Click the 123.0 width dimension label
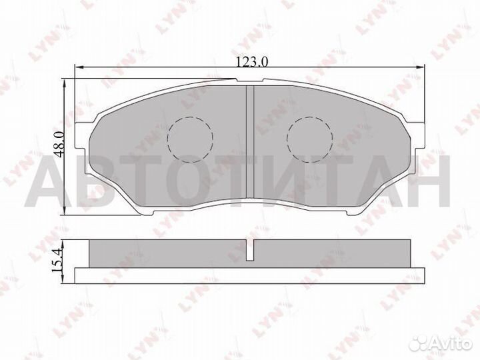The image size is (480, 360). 252,62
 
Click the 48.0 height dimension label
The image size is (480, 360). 59,144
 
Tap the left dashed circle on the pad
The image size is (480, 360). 190,139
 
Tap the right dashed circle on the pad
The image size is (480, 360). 310,139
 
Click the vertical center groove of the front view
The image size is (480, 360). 251,141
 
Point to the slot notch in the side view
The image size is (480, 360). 251,250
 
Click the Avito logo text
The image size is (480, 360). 452,345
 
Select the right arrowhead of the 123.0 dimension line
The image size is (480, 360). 421,67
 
